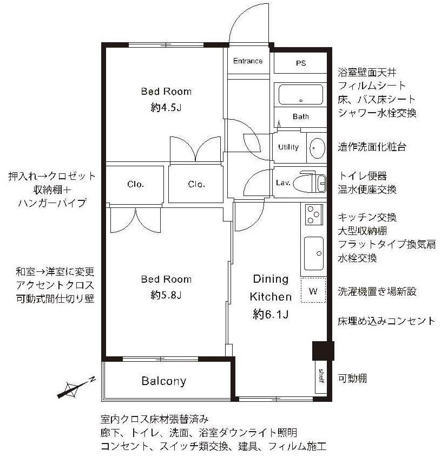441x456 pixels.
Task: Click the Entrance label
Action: pyautogui.click(x=247, y=61)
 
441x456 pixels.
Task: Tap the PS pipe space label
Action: pyautogui.click(x=301, y=63)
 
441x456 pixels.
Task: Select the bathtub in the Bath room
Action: pyautogui.click(x=301, y=94)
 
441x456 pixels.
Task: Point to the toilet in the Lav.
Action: pyautogui.click(x=310, y=183)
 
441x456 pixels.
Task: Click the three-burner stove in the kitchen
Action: pyautogui.click(x=314, y=214)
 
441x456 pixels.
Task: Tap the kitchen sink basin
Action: pyautogui.click(x=314, y=253)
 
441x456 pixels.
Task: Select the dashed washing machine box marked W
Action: pyautogui.click(x=313, y=290)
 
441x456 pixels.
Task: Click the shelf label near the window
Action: pyautogui.click(x=321, y=376)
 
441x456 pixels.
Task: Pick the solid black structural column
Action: pyautogui.click(x=323, y=351)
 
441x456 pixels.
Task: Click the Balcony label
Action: pyautogui.click(x=164, y=381)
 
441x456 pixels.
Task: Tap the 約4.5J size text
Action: pyautogui.click(x=166, y=108)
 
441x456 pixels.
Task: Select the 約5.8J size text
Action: pyautogui.click(x=166, y=295)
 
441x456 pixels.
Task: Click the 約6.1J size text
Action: pyautogui.click(x=271, y=314)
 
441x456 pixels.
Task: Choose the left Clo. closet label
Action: pyautogui.click(x=136, y=184)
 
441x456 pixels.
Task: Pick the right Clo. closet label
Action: pyautogui.click(x=196, y=184)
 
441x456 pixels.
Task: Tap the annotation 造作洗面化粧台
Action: pyautogui.click(x=372, y=147)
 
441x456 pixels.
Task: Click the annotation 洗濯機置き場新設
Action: pyautogui.click(x=377, y=291)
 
